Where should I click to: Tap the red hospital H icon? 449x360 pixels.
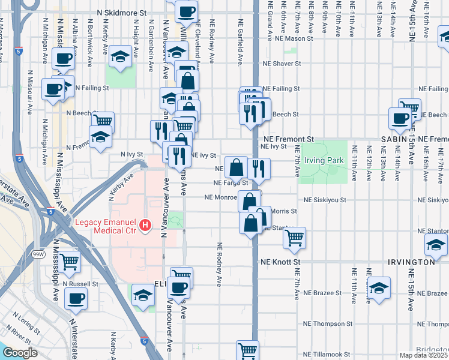coord(145,226)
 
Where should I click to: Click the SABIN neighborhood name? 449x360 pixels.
coord(394,139)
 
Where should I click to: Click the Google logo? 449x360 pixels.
coord(20,353)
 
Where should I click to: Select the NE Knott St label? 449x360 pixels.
coord(280,262)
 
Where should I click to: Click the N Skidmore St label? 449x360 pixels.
coord(121,12)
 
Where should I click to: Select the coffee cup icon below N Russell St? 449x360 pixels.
coord(76,298)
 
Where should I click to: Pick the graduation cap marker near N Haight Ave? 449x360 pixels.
coord(120,57)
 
